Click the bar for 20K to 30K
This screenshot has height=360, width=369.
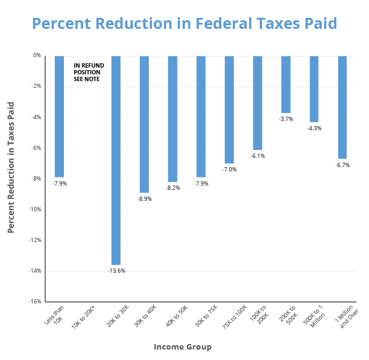tap(116, 160)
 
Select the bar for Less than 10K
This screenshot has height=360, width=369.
tap(59, 116)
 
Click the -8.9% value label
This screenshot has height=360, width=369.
tap(144, 198)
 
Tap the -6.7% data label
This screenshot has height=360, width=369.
tap(343, 165)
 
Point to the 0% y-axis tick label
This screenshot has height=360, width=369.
tap(38, 55)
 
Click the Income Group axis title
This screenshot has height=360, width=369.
tap(182, 347)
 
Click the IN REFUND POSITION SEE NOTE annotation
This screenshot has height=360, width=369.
tap(87, 72)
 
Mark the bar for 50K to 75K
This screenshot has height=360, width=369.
tap(200, 116)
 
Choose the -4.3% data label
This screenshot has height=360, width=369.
tap(314, 128)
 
